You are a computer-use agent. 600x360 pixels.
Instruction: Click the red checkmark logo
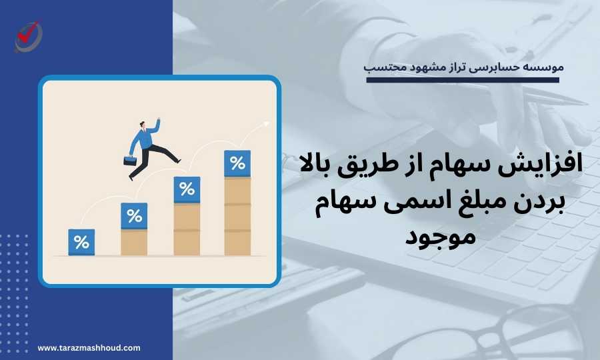[x=28, y=36]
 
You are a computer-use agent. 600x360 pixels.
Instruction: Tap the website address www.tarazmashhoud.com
[x=89, y=348]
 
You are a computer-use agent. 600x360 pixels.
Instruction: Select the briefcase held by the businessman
[x=130, y=161]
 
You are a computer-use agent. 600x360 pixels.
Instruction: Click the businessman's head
[x=143, y=125]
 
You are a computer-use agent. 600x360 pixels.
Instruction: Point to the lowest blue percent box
[x=81, y=242]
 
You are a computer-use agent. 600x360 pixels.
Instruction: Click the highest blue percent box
[x=237, y=163]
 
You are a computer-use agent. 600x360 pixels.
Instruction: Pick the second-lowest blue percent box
[x=134, y=216]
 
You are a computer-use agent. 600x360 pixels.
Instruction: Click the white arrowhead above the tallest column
[x=266, y=124]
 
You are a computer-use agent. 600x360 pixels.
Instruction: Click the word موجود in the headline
[x=441, y=236]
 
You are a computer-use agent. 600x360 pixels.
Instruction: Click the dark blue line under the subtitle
[x=463, y=81]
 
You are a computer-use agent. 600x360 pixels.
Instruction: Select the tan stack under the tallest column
[x=237, y=216]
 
